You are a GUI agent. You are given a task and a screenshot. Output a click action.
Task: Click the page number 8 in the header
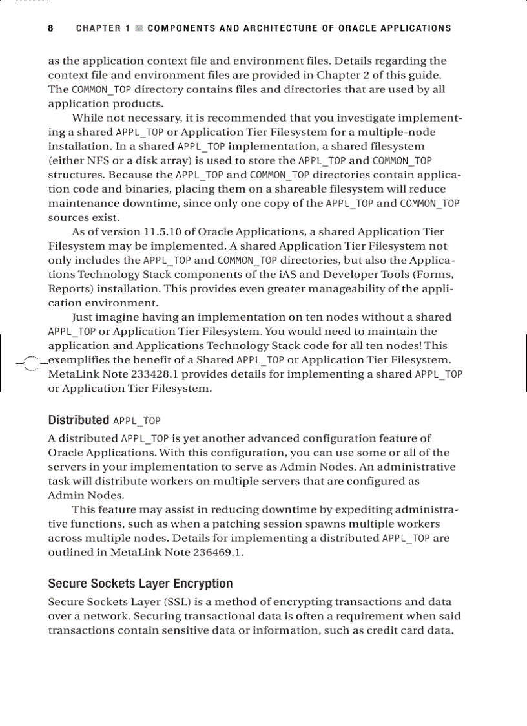click(x=51, y=28)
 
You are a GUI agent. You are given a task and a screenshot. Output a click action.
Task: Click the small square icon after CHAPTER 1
click(x=138, y=28)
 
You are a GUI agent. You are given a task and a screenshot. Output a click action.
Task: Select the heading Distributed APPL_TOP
click(x=104, y=420)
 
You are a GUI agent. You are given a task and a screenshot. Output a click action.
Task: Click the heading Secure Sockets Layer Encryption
click(x=140, y=583)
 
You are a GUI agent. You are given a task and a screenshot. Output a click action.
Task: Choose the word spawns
click(x=347, y=524)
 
